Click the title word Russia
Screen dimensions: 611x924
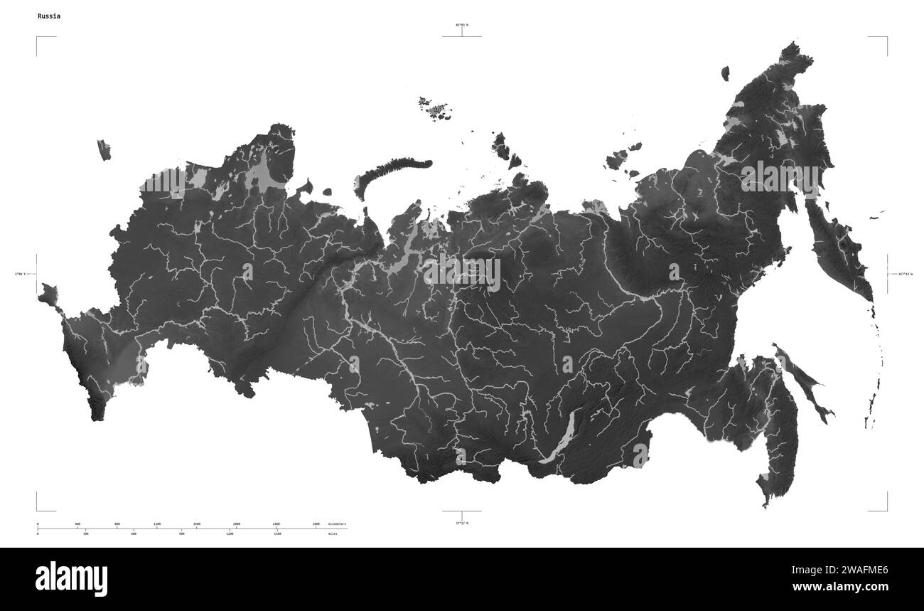click(x=48, y=16)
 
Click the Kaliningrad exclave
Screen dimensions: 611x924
click(x=104, y=149)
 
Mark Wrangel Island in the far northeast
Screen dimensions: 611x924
click(x=725, y=73)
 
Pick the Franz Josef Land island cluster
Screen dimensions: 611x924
click(x=434, y=107)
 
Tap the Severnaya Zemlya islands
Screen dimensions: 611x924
click(x=506, y=148)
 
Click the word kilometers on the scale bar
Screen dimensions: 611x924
click(x=337, y=524)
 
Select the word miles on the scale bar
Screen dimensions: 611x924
click(x=333, y=533)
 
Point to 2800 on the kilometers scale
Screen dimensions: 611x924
click(x=316, y=524)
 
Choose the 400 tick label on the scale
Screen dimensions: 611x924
click(x=77, y=524)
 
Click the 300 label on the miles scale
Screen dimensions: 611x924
click(x=85, y=533)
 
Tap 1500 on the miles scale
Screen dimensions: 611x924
click(x=277, y=533)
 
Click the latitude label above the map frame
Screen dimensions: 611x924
click(x=462, y=25)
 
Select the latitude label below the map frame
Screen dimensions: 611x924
click(x=462, y=523)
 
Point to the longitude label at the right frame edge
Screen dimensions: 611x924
click(x=905, y=274)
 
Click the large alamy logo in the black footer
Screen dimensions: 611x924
click(x=71, y=578)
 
